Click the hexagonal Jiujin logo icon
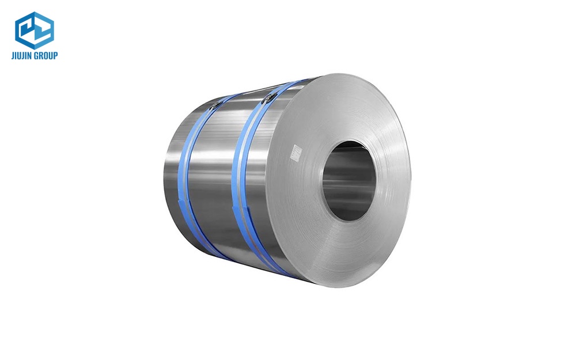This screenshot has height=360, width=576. click(35, 30)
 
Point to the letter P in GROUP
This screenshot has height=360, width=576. click(55, 56)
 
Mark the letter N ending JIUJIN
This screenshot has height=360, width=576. click(32, 56)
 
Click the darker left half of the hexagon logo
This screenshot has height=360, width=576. click(26, 30)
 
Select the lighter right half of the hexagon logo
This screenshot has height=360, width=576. click(44, 30)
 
